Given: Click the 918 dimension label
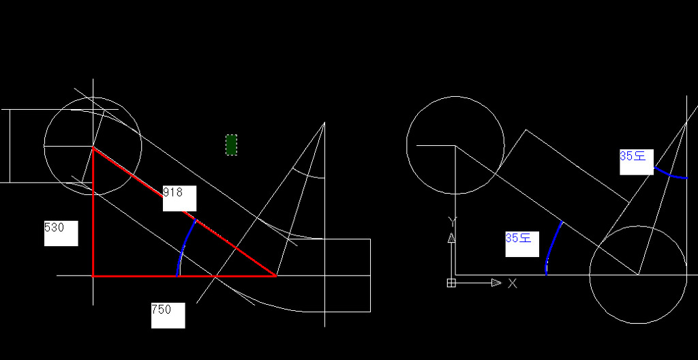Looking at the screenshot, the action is [172, 192].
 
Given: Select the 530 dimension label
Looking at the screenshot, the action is [55, 228].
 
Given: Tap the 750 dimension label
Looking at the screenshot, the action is [161, 310].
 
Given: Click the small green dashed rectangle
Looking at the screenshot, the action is [232, 145].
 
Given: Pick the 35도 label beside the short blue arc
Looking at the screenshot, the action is [633, 156].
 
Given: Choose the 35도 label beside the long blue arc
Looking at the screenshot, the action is [519, 238].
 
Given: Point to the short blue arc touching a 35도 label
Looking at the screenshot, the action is [671, 175].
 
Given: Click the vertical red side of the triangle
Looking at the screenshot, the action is [93, 211].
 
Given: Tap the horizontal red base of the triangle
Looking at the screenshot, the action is [184, 275].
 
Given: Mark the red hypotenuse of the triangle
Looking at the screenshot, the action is [184, 211].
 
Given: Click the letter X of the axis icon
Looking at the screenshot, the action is [513, 283].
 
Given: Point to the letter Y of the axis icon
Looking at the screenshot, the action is [453, 221].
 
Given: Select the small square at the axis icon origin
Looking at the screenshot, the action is [451, 283].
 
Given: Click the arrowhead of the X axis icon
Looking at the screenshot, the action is [496, 282].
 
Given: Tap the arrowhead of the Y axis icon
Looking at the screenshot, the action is [451, 237].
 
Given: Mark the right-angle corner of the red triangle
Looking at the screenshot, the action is [93, 275].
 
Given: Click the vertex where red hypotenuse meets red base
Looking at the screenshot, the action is [276, 275].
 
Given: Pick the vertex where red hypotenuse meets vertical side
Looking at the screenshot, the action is [93, 147].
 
